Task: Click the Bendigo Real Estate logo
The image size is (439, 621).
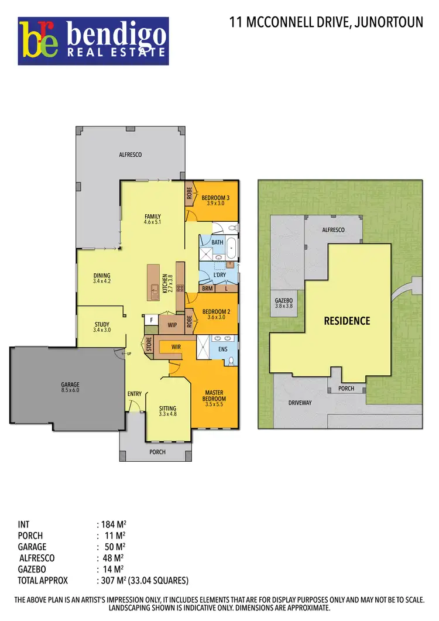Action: click(x=94, y=40)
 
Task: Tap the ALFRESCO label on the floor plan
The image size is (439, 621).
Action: click(x=131, y=155)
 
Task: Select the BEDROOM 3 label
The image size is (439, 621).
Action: click(x=215, y=198)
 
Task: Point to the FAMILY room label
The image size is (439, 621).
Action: click(x=152, y=217)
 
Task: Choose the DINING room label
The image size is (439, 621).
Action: click(x=102, y=276)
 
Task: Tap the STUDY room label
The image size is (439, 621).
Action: click(x=102, y=324)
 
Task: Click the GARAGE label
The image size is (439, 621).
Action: click(x=70, y=385)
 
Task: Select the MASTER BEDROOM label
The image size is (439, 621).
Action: click(x=215, y=396)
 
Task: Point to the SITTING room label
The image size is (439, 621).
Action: click(x=168, y=409)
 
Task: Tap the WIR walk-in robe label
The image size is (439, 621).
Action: click(x=176, y=347)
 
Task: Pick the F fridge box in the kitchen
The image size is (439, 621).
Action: click(x=151, y=320)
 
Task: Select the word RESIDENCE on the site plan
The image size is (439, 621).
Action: click(x=347, y=321)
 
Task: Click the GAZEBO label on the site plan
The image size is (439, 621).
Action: click(x=283, y=301)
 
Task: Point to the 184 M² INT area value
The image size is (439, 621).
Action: click(x=115, y=524)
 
